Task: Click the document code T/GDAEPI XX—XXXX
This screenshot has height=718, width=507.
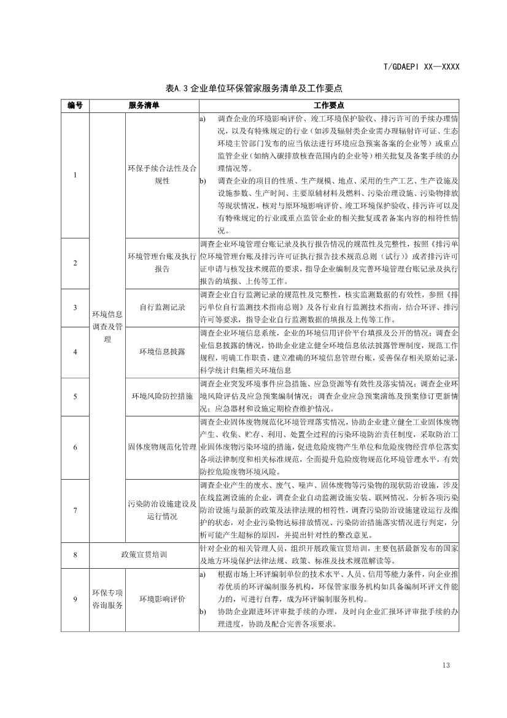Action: pos(421,67)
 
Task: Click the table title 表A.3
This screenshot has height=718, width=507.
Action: pos(253,88)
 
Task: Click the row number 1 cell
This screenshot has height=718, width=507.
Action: pos(75,175)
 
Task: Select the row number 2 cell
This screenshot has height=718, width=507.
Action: pos(75,263)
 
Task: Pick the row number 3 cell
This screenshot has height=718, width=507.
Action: pos(75,307)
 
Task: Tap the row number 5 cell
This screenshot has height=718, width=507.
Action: pos(75,396)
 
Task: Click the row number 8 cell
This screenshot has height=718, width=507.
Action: pos(75,555)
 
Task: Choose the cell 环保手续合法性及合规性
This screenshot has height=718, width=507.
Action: pos(162,175)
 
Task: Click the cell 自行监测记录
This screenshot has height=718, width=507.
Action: pos(162,307)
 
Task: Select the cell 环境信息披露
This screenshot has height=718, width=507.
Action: pos(162,351)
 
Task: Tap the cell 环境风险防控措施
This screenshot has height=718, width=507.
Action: pos(162,396)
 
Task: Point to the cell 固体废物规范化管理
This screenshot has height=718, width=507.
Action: pos(162,447)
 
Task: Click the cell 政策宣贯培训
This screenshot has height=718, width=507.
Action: pos(144,555)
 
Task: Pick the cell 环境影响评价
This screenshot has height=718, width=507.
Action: pos(162,599)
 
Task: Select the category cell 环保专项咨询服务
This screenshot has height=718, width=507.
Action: pos(107,599)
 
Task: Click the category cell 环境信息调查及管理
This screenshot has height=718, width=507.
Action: pos(107,327)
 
